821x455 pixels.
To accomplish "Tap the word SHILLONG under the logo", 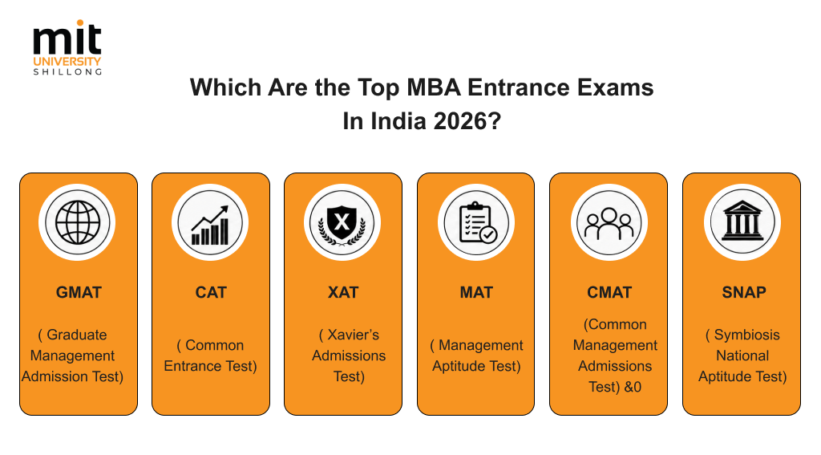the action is (x=67, y=71).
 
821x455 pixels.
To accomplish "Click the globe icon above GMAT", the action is (x=78, y=222).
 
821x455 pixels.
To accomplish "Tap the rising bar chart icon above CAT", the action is (x=210, y=225).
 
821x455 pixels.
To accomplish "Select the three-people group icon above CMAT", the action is (x=609, y=223).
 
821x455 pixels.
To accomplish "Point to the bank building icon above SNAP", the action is (x=742, y=221).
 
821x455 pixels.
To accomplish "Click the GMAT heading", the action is (x=79, y=292).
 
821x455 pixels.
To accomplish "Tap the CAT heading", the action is (x=211, y=292).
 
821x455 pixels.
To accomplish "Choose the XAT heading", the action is (x=343, y=292).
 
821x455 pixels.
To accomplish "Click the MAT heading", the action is (x=476, y=292).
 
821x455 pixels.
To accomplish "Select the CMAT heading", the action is (x=609, y=292).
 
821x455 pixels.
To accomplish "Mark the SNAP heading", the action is (x=744, y=292).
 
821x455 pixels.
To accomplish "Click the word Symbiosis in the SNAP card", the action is (x=747, y=335).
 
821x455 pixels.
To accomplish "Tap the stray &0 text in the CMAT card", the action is (x=633, y=387).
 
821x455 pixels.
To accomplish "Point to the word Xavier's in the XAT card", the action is (x=354, y=335).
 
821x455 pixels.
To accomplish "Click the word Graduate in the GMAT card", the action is (x=77, y=335).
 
